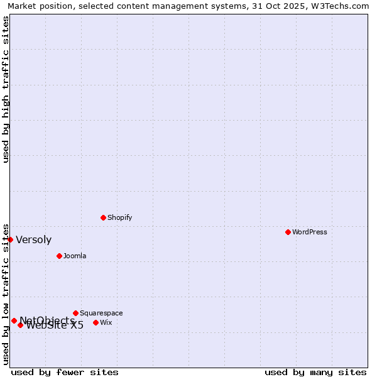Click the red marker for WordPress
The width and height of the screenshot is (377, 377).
pyautogui.click(x=288, y=232)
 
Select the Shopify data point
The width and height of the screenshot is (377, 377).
pyautogui.click(x=103, y=217)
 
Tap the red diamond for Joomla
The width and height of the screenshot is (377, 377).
pyautogui.click(x=59, y=256)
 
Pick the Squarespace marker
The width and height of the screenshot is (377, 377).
pyautogui.click(x=75, y=313)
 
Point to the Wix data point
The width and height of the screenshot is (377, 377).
pyautogui.click(x=96, y=322)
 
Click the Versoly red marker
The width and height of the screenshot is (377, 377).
pyautogui.click(x=10, y=239)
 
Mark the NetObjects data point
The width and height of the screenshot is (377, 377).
pyautogui.click(x=14, y=320)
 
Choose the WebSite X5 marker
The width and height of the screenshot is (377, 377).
pyautogui.click(x=20, y=325)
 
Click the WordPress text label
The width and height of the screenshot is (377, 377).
pyautogui.click(x=310, y=232)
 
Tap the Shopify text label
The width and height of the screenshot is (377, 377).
pyautogui.click(x=119, y=217)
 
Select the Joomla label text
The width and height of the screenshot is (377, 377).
pyautogui.click(x=75, y=256)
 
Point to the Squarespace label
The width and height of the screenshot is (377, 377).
pyautogui.click(x=101, y=313)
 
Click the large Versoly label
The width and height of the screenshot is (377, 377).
pyautogui.click(x=34, y=239)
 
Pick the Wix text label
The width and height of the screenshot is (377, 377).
pyautogui.click(x=106, y=322)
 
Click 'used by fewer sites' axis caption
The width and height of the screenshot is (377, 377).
pyautogui.click(x=65, y=372)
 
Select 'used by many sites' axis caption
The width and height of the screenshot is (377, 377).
pyautogui.click(x=315, y=372)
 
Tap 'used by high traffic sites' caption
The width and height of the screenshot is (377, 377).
pyautogui.click(x=6, y=89)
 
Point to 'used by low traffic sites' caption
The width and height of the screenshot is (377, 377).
pyautogui.click(x=6, y=293)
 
